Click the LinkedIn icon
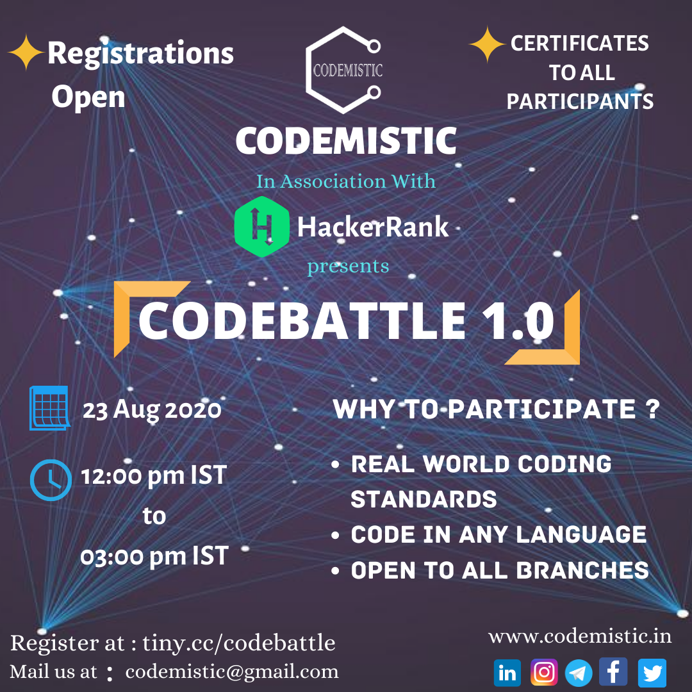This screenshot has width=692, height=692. [507, 673]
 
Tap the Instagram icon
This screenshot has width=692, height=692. [544, 673]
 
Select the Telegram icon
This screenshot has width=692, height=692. [579, 673]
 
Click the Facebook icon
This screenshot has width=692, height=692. [614, 672]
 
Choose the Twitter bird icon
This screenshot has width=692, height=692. [652, 673]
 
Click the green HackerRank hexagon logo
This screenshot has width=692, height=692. [261, 227]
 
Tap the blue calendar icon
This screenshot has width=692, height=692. [49, 408]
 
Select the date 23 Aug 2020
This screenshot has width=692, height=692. [152, 409]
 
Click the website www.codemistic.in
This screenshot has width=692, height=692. [580, 636]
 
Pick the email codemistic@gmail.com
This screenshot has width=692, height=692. [232, 671]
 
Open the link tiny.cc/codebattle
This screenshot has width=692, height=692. [238, 643]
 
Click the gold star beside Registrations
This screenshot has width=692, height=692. [26, 53]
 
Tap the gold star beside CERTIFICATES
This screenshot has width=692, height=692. [487, 45]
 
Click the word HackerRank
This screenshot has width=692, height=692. [373, 227]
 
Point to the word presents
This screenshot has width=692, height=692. [348, 265]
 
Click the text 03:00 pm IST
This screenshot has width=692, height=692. [154, 556]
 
